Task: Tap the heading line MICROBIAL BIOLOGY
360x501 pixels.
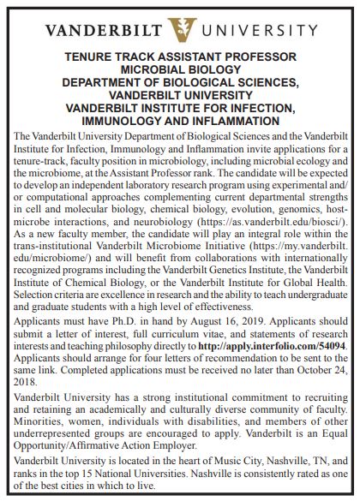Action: pos(180,70)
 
